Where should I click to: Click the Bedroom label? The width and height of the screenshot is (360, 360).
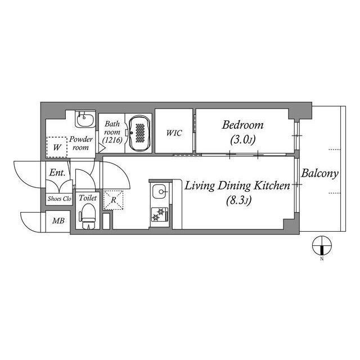pos(242,125)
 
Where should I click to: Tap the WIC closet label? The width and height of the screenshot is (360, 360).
pos(174,133)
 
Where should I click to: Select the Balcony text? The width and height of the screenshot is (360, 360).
pos(320,174)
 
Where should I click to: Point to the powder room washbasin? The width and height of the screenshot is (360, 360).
pos(85,120)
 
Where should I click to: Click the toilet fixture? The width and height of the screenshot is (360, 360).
pos(88,216)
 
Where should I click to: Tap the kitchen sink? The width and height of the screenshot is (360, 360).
pos(159,191)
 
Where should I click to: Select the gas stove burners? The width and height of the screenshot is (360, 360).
pos(160,214)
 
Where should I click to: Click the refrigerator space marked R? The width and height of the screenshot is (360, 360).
pos(113,200)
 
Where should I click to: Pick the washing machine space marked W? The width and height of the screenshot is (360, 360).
pos(57,147)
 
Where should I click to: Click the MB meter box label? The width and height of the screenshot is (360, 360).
pos(58,221)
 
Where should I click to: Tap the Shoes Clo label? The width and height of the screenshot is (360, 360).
pos(60,199)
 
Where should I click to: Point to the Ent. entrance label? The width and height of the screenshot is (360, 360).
pos(57,173)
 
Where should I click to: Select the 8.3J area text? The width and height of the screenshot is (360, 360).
pos(239,200)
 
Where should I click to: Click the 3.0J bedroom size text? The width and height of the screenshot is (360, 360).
pos(243,139)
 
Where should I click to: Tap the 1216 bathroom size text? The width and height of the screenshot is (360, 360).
pos(112,140)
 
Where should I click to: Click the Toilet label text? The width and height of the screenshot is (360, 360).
pos(88,198)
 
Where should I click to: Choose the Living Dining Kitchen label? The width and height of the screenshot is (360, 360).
pos(237,186)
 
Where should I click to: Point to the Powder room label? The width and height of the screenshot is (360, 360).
pos(81,143)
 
